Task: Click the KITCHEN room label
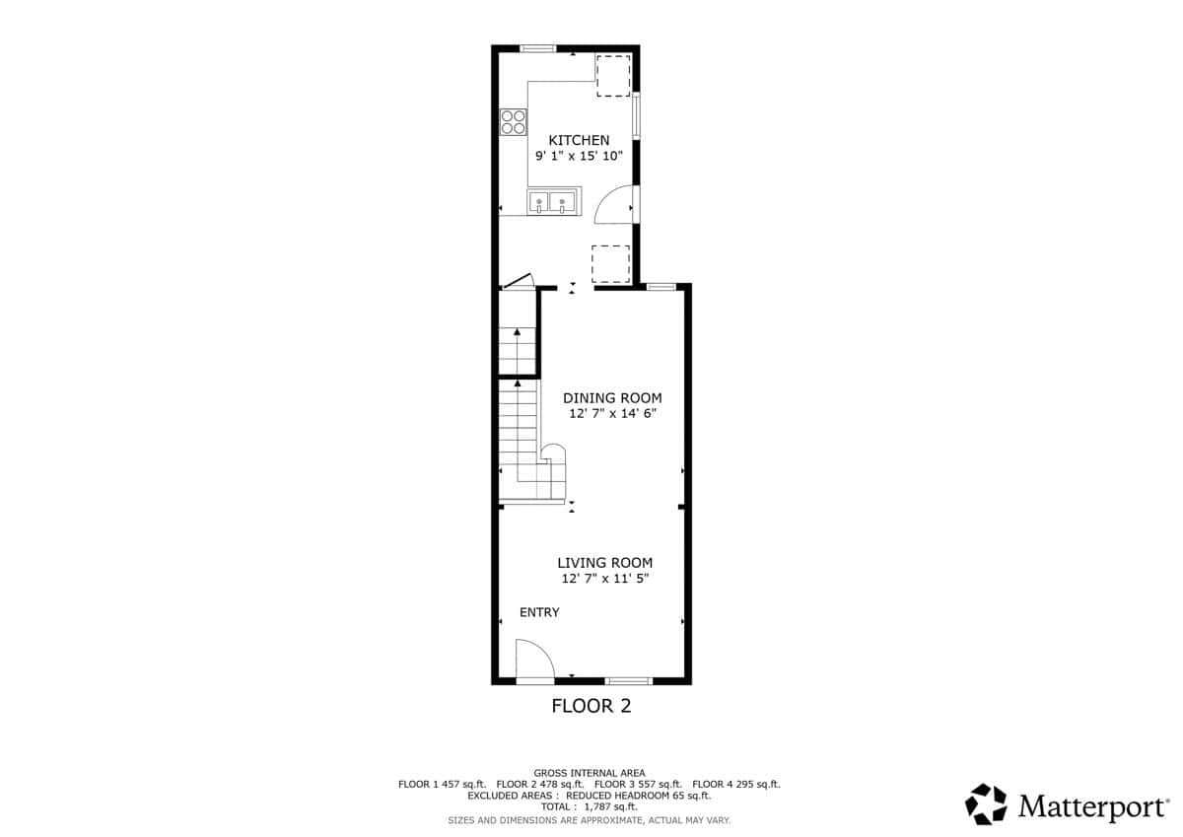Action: (x=579, y=140)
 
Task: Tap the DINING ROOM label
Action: (x=612, y=398)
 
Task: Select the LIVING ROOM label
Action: (x=604, y=563)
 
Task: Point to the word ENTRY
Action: (x=539, y=612)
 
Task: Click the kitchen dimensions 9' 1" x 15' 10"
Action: (x=579, y=157)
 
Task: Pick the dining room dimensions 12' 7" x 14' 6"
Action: (x=612, y=413)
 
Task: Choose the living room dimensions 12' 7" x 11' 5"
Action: (x=604, y=579)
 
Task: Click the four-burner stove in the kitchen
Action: (x=514, y=122)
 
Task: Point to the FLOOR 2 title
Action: (x=591, y=706)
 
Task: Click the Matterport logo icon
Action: (x=986, y=804)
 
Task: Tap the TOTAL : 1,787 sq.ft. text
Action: (x=589, y=806)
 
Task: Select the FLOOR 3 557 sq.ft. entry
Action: (x=638, y=784)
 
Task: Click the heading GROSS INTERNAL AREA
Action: (x=589, y=773)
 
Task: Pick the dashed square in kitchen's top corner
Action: (x=613, y=76)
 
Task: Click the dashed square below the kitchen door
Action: (x=611, y=264)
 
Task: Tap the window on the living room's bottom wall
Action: (x=629, y=680)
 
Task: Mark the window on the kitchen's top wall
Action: (x=537, y=48)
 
